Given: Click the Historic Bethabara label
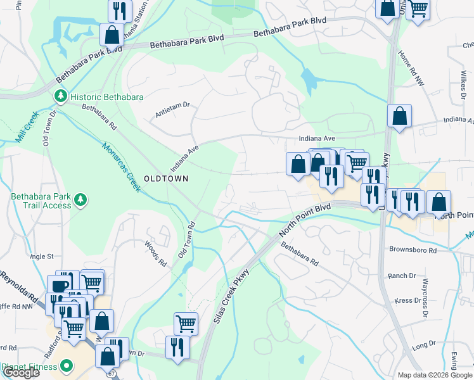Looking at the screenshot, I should point(106,97).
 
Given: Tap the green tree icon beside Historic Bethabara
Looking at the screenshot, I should point(61,97).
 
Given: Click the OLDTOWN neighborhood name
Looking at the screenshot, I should point(166,179).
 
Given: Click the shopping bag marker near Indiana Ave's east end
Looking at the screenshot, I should point(400,117).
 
